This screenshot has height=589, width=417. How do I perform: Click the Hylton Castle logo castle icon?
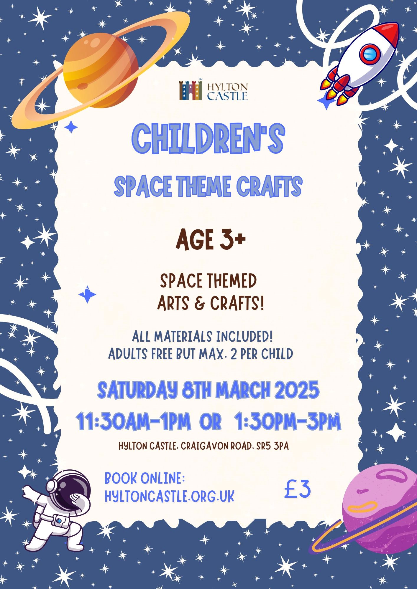pos(191,90)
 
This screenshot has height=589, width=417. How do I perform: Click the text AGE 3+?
pos(211,240)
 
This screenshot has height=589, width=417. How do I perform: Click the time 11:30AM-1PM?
pos(133,422)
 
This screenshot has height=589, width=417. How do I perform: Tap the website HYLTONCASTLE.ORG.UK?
pos(169,497)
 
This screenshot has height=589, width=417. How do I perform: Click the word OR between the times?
pos(211,422)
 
